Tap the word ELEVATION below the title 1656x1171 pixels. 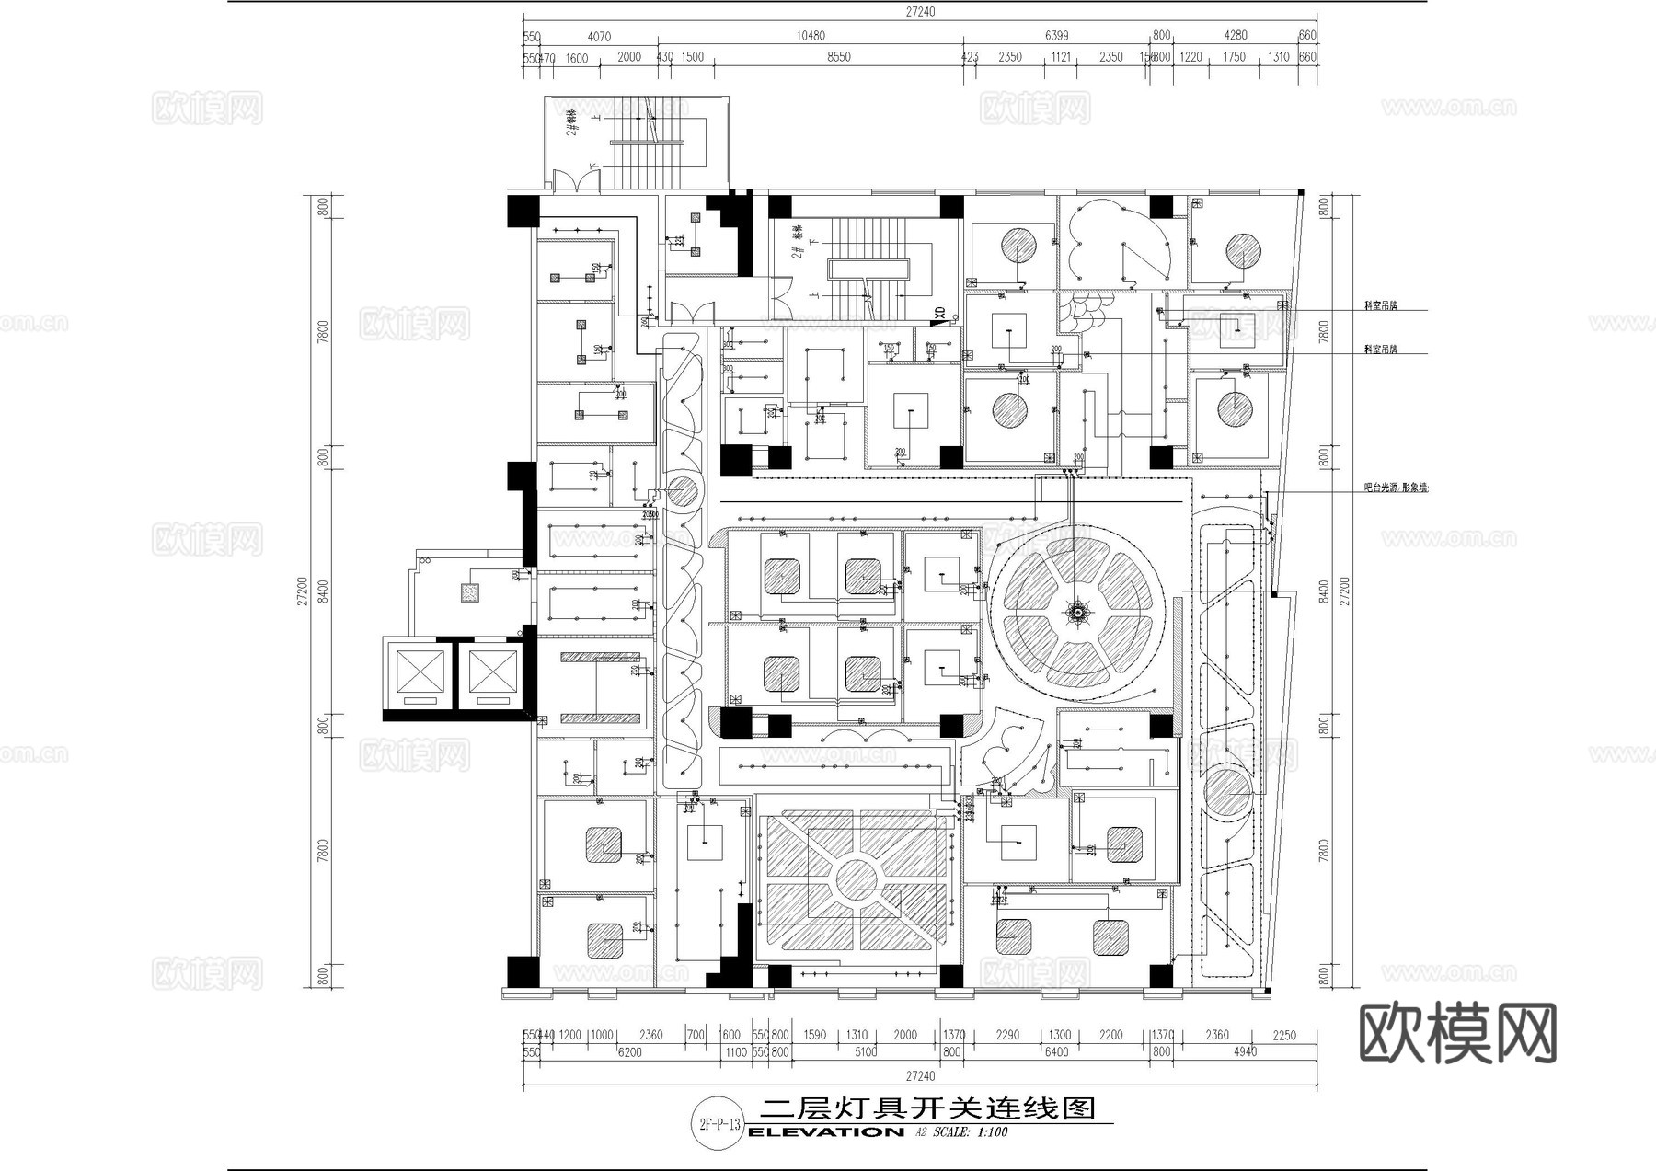coord(825,1132)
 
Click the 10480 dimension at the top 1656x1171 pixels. coord(811,36)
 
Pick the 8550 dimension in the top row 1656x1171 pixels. coord(838,57)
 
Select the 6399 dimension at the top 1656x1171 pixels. coord(1057,36)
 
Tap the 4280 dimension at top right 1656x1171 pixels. coord(1236,36)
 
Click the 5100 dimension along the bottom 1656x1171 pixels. coord(865,1052)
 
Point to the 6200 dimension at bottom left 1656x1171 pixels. coord(630,1052)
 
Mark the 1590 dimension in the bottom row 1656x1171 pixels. coord(814,1036)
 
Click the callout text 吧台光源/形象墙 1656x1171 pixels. coord(1396,488)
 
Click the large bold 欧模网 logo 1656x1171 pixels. coord(1457,1034)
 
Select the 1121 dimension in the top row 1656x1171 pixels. coord(1061,57)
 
